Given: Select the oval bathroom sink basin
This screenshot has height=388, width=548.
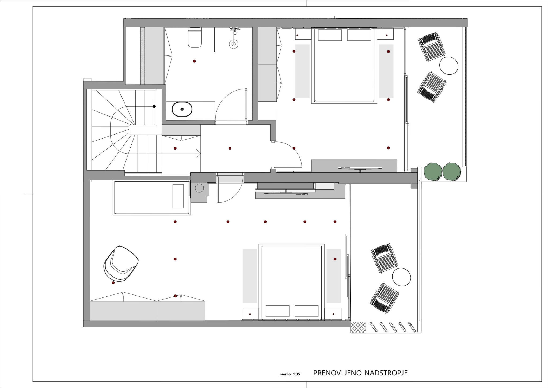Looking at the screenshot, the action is (x=182, y=109).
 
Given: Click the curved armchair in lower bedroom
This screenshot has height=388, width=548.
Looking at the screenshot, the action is (x=121, y=263).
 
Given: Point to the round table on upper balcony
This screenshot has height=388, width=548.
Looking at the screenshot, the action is (x=449, y=65).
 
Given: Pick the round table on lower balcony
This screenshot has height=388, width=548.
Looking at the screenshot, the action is (x=401, y=277).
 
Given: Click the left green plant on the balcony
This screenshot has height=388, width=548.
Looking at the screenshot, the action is (x=433, y=171).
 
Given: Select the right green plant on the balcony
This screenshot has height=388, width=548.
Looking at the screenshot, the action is (x=452, y=171).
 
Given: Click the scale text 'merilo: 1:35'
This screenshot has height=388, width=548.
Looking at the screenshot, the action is (x=290, y=374).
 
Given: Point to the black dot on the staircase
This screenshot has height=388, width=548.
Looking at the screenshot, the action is (x=154, y=106).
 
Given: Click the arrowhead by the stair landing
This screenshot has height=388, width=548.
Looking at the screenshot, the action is (x=198, y=154).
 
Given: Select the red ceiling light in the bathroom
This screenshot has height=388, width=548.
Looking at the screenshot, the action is (x=194, y=61).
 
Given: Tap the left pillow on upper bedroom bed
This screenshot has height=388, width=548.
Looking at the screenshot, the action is (x=330, y=35).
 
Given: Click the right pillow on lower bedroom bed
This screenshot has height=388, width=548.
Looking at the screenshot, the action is (x=307, y=311).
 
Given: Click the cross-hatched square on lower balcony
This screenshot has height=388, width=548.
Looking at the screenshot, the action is (x=358, y=327).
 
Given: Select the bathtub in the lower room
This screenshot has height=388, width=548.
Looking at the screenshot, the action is (x=151, y=198).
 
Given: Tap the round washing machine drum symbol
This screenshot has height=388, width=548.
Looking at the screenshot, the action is (x=199, y=188).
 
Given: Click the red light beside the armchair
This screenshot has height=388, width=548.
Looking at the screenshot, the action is (x=113, y=283).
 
